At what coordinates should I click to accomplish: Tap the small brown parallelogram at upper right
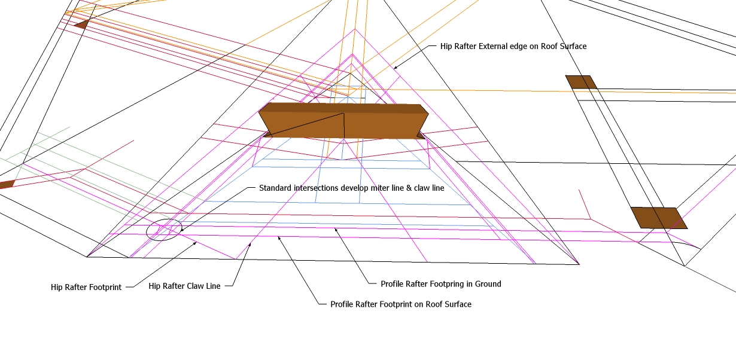click(x=581, y=82)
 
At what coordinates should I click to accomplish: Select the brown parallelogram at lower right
click(x=658, y=218)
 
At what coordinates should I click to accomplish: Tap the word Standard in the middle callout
click(x=275, y=188)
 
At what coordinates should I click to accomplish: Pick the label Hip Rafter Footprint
click(x=86, y=287)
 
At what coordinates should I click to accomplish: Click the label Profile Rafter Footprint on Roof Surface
click(x=401, y=304)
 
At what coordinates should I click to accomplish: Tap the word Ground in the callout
click(x=487, y=284)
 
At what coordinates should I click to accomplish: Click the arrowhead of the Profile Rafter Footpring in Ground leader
click(x=335, y=228)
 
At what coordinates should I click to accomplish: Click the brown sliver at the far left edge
click(x=6, y=184)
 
